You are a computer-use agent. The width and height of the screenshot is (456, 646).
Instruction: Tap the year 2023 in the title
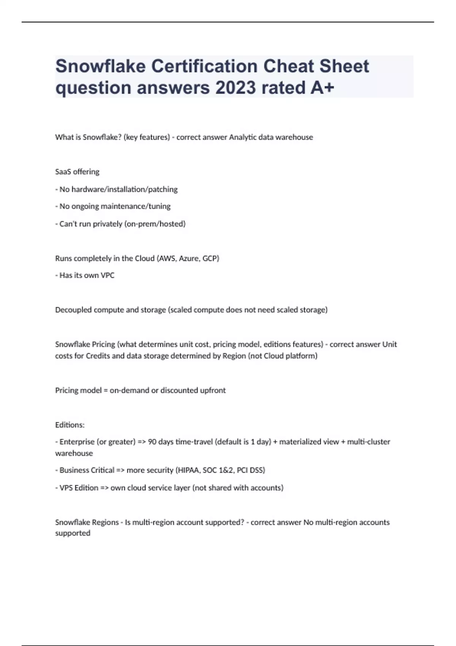click(x=236, y=88)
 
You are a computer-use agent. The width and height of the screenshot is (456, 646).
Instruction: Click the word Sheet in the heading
click(x=344, y=66)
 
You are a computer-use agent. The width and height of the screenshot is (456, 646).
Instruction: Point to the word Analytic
click(x=242, y=137)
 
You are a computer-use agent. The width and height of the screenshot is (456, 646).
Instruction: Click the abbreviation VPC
click(x=108, y=275)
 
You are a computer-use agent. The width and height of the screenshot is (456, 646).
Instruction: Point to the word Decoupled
click(x=73, y=310)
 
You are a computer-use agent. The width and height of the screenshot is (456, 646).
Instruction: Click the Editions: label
click(x=70, y=425)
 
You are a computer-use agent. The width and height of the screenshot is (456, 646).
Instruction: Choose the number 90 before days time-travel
click(x=152, y=442)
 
